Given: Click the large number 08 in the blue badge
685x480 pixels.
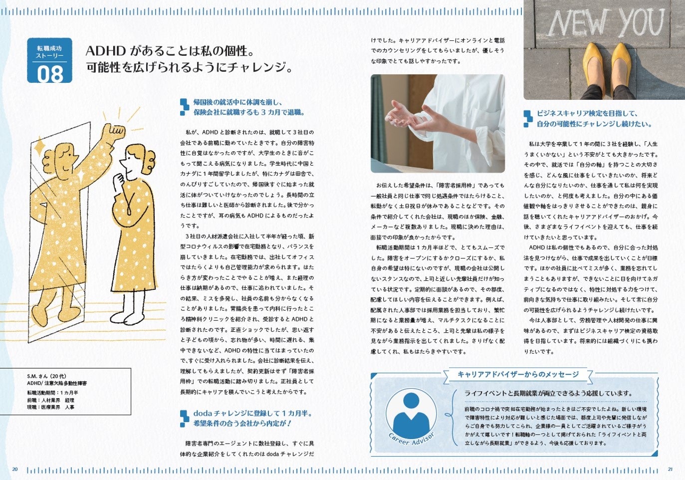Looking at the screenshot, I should coord(50,74).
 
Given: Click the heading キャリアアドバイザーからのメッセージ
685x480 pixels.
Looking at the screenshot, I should coord(518,374).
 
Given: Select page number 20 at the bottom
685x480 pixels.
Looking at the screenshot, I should coord(15,470).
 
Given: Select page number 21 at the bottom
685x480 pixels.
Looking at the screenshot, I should coord(670,470).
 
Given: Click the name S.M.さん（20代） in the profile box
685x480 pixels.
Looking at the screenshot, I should coord(46,376).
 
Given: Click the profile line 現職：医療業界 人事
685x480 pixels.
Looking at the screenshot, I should coord(51,407).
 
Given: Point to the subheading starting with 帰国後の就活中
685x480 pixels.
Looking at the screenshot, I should coord(248,107).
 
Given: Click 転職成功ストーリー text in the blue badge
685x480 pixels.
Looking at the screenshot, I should coord(50,52).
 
